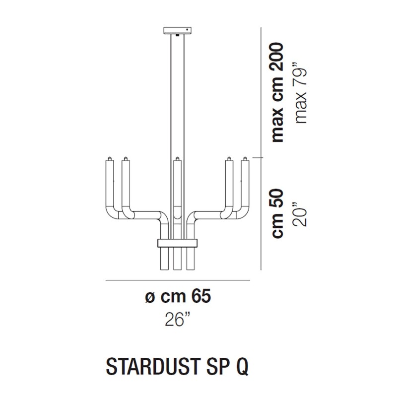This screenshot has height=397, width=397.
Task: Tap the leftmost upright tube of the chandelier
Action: coord(110,184)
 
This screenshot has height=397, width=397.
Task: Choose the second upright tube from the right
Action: coord(229,184)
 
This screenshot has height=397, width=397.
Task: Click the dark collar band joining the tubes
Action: coord(177,243)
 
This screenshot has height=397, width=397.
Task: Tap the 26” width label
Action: coord(177,320)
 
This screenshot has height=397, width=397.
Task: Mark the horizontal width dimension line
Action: coord(177,281)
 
